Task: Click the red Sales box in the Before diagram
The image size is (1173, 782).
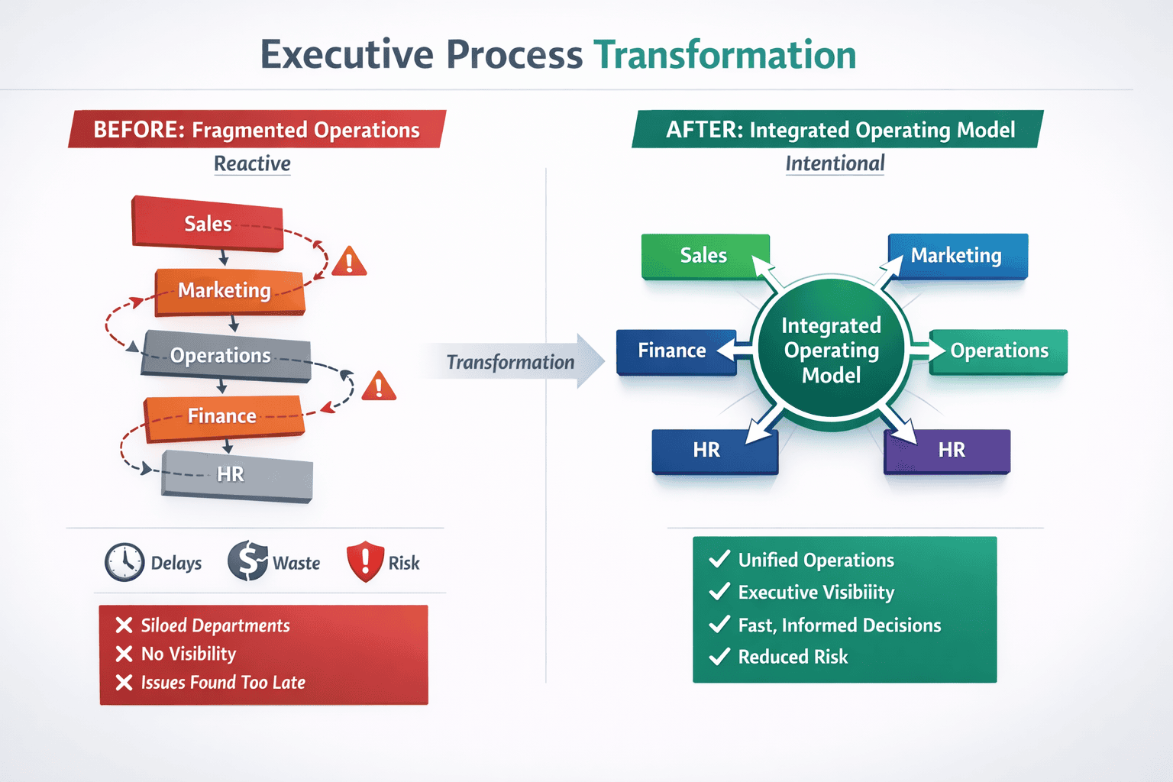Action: (208, 224)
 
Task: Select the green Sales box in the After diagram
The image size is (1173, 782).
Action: (704, 256)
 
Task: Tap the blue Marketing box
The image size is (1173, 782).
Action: (957, 256)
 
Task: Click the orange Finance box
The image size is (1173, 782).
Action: (223, 416)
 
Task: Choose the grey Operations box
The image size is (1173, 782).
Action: (225, 356)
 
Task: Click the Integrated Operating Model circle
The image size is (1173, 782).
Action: (831, 351)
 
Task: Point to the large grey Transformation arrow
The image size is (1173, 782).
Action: (512, 362)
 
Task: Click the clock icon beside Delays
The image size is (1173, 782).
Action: (124, 563)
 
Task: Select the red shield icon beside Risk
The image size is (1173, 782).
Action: (365, 561)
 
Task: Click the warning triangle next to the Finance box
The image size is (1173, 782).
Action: (379, 387)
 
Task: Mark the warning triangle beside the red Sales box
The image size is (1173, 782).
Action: (349, 262)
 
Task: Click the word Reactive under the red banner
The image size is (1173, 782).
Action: (252, 163)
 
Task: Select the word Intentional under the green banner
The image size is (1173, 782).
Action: (835, 163)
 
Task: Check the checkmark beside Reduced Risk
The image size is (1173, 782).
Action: (719, 657)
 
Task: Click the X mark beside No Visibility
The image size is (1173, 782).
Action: (124, 654)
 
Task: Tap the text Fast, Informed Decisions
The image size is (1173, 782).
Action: (839, 625)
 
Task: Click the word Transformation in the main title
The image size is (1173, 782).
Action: (725, 55)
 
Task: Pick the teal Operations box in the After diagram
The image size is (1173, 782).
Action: (998, 351)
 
